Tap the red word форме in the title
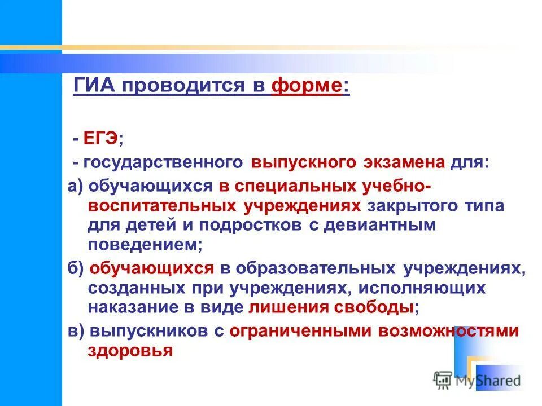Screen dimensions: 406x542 (x=306, y=87)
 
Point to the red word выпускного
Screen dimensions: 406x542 (x=304, y=162)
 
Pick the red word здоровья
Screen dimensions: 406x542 (x=130, y=351)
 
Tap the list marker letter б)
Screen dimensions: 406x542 (x=77, y=268)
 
